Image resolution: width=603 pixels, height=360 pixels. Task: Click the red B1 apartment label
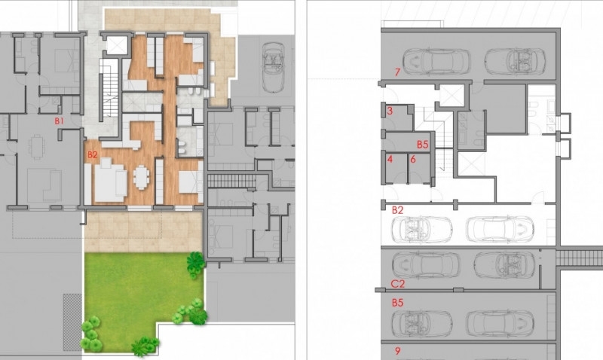59,121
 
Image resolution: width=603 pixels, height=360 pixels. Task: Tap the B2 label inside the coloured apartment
92,155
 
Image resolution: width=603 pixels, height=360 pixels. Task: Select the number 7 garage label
398,72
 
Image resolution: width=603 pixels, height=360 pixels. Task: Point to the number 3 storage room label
390,111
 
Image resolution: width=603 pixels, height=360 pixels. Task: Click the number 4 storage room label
390,159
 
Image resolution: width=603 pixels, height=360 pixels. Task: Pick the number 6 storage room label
412,159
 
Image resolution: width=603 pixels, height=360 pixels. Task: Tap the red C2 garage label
398,284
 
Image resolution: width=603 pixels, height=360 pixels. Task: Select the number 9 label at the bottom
398,351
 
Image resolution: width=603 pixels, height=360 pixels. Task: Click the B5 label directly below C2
398,303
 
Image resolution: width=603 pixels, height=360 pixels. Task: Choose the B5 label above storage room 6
423,145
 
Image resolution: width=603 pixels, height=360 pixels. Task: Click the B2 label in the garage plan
398,210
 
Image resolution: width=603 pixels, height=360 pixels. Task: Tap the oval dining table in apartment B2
141,177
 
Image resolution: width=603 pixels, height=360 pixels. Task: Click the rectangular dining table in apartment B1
37,146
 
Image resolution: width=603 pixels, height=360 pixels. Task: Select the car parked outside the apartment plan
273,68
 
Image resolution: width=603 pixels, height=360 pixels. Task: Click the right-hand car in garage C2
504,265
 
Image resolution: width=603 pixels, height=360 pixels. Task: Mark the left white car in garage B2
422,230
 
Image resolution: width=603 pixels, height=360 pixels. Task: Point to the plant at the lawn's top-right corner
195,263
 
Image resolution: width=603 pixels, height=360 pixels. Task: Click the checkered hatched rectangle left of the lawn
72,322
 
